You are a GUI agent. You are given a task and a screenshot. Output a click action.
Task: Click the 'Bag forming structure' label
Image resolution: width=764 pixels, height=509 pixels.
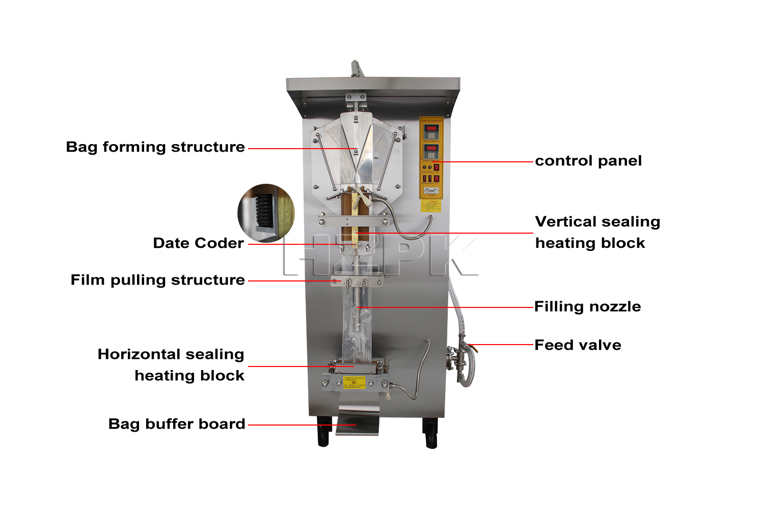pyautogui.click(x=155, y=147)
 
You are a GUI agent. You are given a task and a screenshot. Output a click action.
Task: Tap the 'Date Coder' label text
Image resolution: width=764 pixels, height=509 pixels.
pyautogui.click(x=198, y=243)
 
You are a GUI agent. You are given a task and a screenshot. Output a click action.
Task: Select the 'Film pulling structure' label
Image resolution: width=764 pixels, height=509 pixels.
pyautogui.click(x=157, y=280)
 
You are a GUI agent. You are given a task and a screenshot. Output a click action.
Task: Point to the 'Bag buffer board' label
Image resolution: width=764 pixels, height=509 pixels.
pyautogui.click(x=177, y=424)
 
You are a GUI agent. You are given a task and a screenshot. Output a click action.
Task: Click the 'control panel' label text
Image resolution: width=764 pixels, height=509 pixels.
pyautogui.click(x=588, y=161)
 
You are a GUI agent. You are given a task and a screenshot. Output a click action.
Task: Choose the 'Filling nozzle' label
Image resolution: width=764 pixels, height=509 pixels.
pyautogui.click(x=587, y=306)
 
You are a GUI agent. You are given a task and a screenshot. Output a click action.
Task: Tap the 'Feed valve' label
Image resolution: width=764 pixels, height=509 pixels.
pyautogui.click(x=578, y=345)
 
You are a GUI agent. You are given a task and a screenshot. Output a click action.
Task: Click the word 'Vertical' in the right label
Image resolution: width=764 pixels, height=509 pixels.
pyautogui.click(x=565, y=222)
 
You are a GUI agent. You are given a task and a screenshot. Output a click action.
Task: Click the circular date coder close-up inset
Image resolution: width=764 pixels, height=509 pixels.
pyautogui.click(x=266, y=213)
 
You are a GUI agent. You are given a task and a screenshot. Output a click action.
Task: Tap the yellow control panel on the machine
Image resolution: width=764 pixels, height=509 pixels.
pyautogui.click(x=431, y=158)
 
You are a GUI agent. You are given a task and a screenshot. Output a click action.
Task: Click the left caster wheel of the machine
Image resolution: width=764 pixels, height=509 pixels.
pyautogui.click(x=323, y=433)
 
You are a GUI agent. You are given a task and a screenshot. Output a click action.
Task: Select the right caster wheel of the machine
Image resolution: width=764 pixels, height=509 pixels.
pyautogui.click(x=431, y=434)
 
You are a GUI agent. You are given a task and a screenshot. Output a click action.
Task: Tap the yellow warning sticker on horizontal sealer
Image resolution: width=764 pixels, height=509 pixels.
pyautogui.click(x=354, y=382)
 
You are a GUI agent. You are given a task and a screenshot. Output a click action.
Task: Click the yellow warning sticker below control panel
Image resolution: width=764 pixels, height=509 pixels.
pyautogui.click(x=431, y=206)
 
